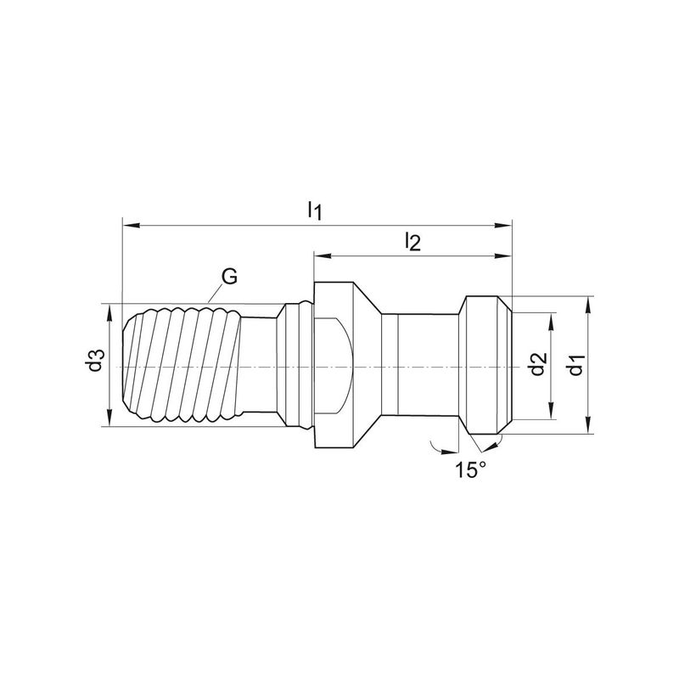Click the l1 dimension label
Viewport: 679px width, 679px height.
[x=315, y=210]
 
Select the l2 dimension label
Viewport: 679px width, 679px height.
[x=412, y=242]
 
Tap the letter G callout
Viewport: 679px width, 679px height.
[x=229, y=277]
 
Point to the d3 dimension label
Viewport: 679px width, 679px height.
[x=96, y=360]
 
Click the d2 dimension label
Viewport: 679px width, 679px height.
[x=538, y=364]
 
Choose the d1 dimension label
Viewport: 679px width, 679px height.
[x=576, y=364]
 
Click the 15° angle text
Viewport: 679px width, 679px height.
[x=470, y=470]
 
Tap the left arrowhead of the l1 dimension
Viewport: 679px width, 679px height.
[x=132, y=225]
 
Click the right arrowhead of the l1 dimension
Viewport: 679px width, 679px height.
[x=503, y=225]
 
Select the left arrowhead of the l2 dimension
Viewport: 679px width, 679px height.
[x=323, y=256]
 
